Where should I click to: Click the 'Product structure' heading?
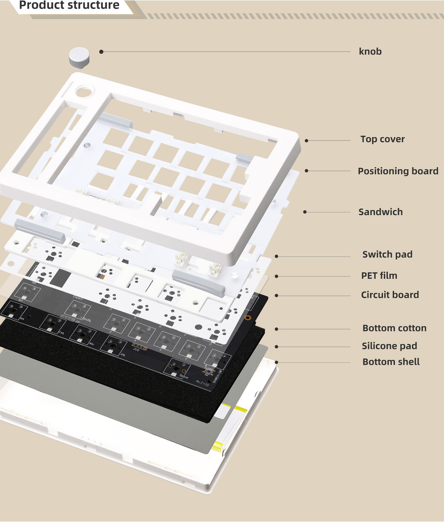[69, 6]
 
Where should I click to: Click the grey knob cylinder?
[79, 57]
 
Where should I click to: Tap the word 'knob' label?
[370, 52]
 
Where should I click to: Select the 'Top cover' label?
[382, 139]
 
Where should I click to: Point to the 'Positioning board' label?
[398, 171]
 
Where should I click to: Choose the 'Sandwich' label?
[380, 212]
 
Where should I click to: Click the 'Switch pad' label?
[387, 254]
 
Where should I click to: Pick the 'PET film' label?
[379, 276]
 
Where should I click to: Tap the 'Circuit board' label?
[390, 295]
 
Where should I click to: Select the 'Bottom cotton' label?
[394, 328]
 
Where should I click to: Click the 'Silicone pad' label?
[389, 346]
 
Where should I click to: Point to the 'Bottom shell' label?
[391, 362]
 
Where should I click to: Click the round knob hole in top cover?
[84, 92]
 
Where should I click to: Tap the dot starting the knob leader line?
[101, 52]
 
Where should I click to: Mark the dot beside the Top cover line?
[306, 140]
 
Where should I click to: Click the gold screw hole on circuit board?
[247, 317]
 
